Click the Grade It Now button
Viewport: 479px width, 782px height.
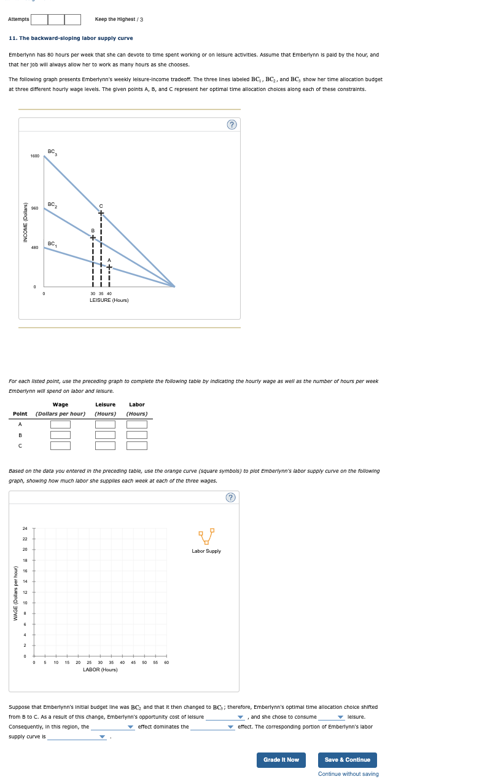pyautogui.click(x=281, y=760)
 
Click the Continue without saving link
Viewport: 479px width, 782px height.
pyautogui.click(x=348, y=774)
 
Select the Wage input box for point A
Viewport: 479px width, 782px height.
pyautogui.click(x=60, y=424)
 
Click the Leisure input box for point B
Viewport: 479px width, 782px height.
pyautogui.click(x=105, y=435)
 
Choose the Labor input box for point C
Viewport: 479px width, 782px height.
pyautogui.click(x=137, y=445)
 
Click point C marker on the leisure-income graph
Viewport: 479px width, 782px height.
pyautogui.click(x=101, y=213)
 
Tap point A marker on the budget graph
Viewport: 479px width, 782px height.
pyautogui.click(x=109, y=267)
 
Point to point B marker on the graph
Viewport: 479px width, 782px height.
pyautogui.click(x=93, y=237)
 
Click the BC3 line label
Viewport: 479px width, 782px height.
pyautogui.click(x=52, y=152)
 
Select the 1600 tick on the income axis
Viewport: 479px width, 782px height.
pyautogui.click(x=34, y=156)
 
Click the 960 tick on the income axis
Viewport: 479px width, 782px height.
pyautogui.click(x=35, y=208)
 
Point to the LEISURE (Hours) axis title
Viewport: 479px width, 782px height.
pyautogui.click(x=109, y=300)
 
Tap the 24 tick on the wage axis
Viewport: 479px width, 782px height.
pyautogui.click(x=25, y=528)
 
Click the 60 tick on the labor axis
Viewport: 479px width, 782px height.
pyautogui.click(x=166, y=663)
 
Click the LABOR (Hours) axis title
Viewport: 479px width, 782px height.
pyautogui.click(x=100, y=669)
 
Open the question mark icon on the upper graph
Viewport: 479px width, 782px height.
pyautogui.click(x=232, y=125)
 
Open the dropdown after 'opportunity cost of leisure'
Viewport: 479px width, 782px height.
pyautogui.click(x=225, y=717)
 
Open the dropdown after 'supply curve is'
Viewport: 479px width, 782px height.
pyautogui.click(x=78, y=737)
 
